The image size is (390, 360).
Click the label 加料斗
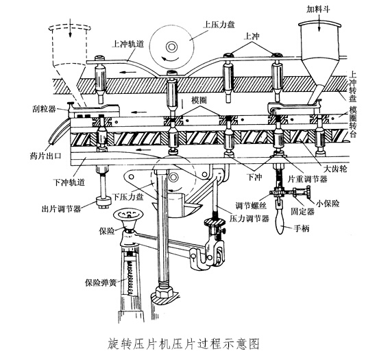[x=318, y=10]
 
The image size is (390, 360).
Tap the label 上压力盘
[x=219, y=24]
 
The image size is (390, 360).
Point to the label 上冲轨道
[x=127, y=44]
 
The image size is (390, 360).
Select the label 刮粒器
[x=44, y=109]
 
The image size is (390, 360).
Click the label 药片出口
[x=45, y=156]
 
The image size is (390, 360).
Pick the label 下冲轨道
[x=69, y=182]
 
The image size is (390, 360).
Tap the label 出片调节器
[x=61, y=208]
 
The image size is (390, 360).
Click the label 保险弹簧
[x=101, y=283]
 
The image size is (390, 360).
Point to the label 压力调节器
[x=249, y=219]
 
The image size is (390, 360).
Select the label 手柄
[x=302, y=228]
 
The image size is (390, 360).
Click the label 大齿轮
[x=334, y=169]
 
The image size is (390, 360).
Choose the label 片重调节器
[x=308, y=179]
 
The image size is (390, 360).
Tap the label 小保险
[x=328, y=204]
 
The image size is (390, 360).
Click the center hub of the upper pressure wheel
[x=171, y=47]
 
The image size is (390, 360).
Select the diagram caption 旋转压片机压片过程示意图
[x=184, y=344]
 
